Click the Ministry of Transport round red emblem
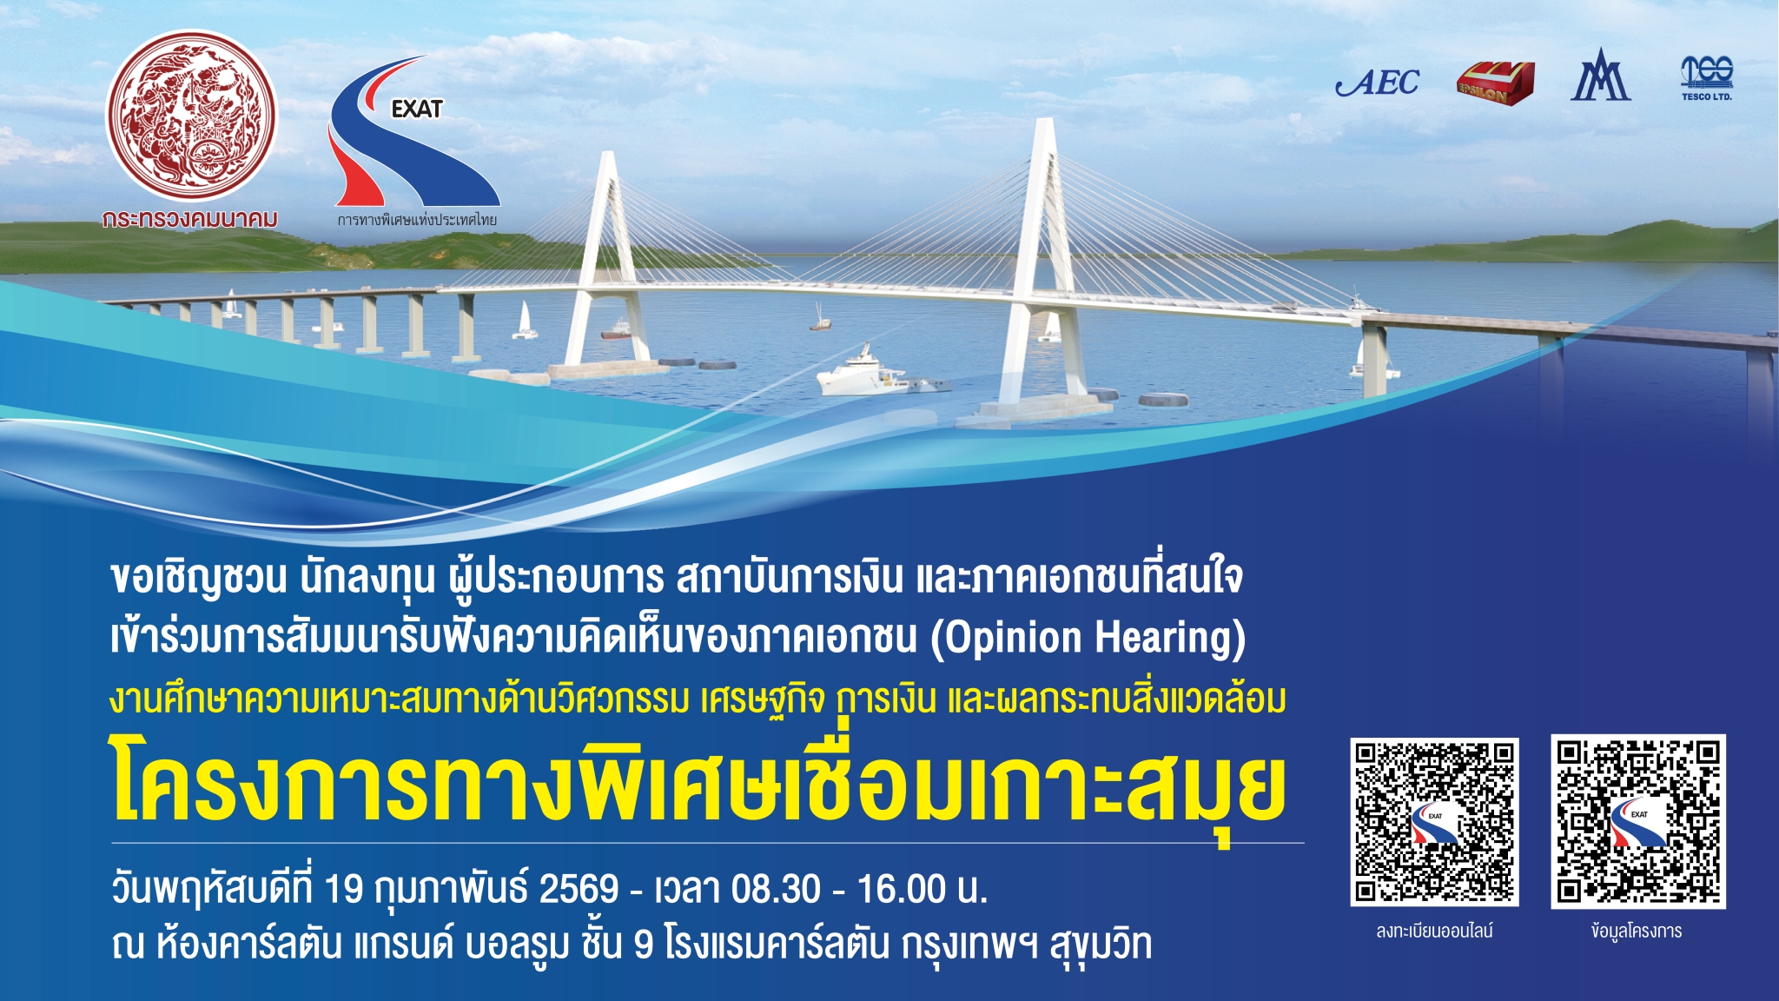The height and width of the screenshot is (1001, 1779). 191,117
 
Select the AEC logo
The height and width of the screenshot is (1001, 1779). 1378,83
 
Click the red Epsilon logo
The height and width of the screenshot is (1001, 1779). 1494,83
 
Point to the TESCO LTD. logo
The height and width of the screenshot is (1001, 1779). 1707,78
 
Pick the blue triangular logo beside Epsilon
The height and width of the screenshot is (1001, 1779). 1600,76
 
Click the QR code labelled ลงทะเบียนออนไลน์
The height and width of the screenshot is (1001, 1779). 1434,821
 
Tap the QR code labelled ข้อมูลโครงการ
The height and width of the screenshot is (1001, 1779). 1637,821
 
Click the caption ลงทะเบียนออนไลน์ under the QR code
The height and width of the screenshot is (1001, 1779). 1434,931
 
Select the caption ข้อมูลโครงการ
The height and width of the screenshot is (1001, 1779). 1637,931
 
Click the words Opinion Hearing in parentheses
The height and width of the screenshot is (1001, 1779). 1088,638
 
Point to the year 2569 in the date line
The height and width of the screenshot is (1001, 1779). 579,889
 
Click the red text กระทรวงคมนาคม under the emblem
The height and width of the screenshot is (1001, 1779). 190,219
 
